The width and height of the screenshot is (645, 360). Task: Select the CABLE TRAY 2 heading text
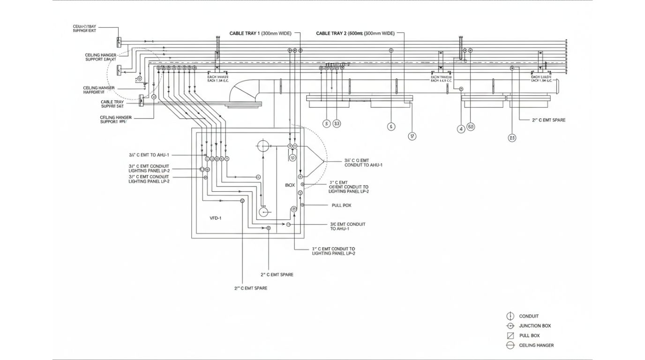355,34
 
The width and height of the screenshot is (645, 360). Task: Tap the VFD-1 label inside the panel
216,218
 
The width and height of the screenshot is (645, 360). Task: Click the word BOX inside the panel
290,185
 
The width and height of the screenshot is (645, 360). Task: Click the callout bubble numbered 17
412,136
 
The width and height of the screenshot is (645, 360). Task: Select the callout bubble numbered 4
461,128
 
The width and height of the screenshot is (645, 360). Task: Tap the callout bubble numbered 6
391,126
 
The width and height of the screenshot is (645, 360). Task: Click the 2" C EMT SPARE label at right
548,120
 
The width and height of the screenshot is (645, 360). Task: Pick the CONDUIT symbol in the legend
510,316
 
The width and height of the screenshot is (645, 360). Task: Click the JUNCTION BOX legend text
535,326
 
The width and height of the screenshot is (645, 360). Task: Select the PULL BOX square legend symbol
510,336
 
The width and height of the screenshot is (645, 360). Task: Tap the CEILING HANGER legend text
536,345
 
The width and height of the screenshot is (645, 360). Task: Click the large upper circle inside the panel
262,146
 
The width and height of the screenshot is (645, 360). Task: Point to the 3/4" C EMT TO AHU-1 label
149,155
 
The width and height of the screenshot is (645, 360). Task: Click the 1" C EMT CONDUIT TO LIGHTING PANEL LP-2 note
333,251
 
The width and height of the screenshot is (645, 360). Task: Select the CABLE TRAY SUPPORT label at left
112,104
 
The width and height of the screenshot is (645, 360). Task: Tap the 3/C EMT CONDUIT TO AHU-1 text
347,226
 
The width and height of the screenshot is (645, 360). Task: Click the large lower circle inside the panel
264,212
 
